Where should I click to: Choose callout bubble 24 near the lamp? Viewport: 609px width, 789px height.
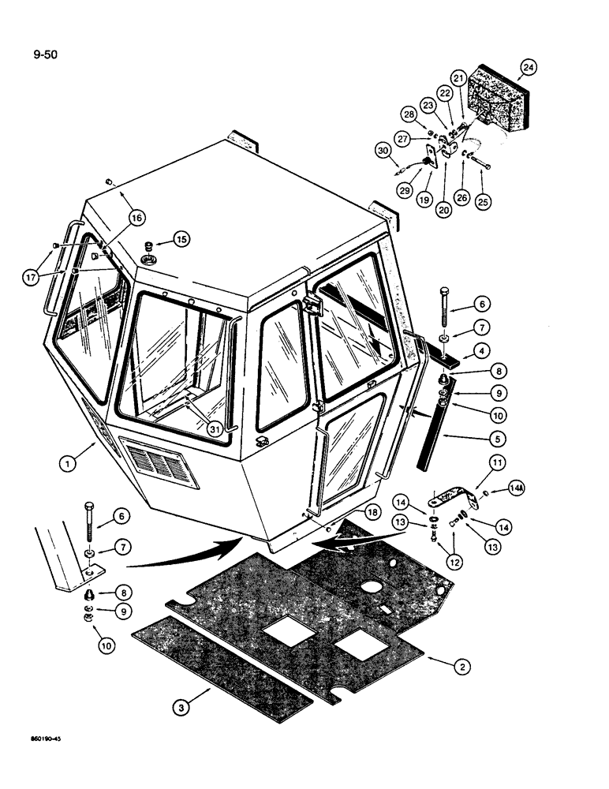(x=528, y=68)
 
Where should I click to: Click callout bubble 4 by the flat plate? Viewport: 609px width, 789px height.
(x=480, y=348)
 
